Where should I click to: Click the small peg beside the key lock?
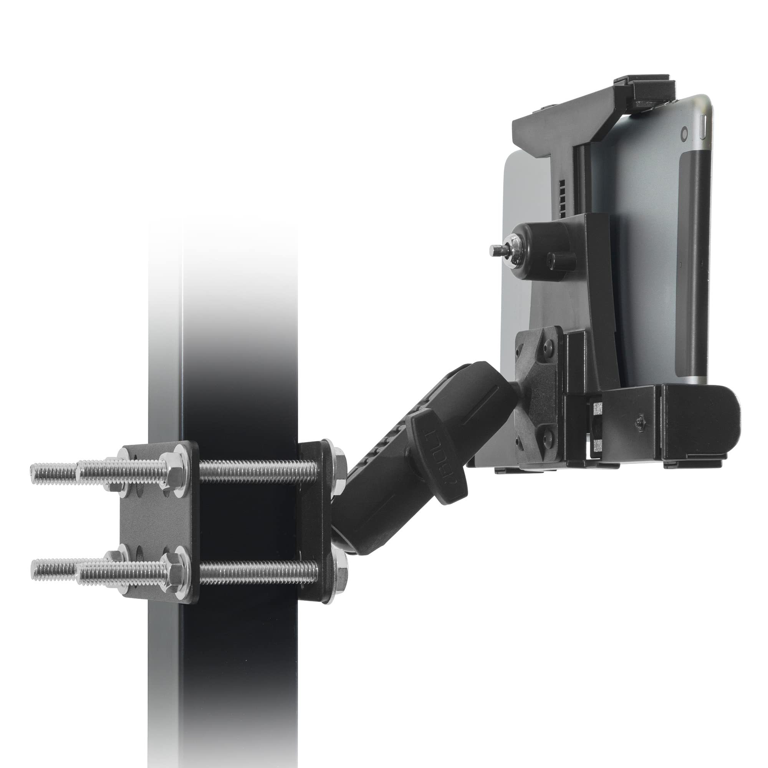[561, 260]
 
